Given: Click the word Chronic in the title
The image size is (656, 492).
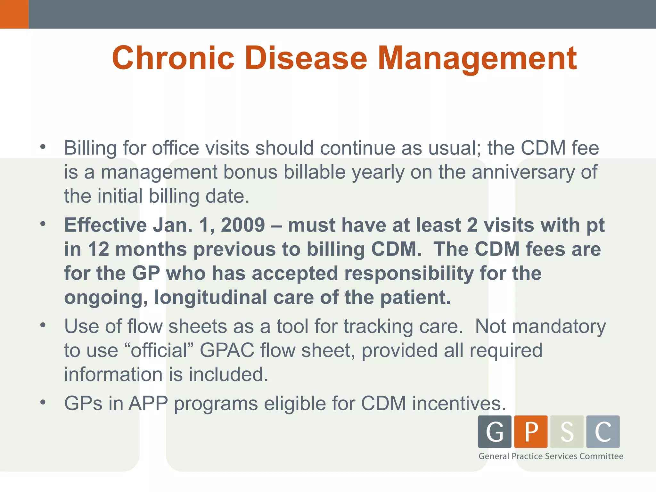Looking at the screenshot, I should tap(173, 58).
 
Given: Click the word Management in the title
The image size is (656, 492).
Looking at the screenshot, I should tap(477, 58).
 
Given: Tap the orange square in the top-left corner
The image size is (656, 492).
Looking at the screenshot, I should tap(14, 14).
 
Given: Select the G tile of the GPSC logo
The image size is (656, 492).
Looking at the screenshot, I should tap(495, 431).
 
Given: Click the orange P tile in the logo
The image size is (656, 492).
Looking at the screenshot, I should tap(531, 431).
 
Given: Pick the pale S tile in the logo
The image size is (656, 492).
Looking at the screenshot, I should tap(567, 431).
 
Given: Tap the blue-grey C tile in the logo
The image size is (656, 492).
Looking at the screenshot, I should tap(603, 431).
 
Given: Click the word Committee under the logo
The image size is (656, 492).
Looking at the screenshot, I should tap(601, 456).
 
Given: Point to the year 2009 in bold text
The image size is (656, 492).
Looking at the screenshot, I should tap(243, 225).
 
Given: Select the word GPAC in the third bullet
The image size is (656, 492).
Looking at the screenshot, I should tap(227, 350).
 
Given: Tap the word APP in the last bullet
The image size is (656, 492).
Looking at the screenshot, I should tap(148, 403).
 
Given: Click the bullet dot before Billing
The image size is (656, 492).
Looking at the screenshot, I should tap(43, 147).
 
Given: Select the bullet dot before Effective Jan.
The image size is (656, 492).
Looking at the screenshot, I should tap(43, 224).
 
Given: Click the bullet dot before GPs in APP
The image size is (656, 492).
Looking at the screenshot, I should tap(43, 402).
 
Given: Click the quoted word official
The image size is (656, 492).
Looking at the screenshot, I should tap(159, 350).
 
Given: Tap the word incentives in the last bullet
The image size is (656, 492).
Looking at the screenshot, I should tap(459, 403).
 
